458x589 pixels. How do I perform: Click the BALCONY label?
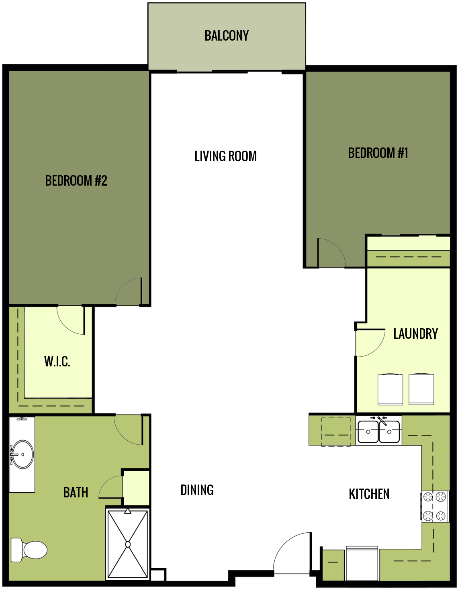pos(227,36)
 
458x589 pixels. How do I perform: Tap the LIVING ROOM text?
pos(225,156)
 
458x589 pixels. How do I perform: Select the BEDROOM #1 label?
pos(378,153)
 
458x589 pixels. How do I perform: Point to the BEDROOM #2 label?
pos(76,181)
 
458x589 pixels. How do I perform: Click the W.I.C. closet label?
pos(57,362)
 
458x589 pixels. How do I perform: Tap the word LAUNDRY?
pos(415,334)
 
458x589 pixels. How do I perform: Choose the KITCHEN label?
pos(369,494)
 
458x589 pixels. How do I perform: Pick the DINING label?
pos(197,490)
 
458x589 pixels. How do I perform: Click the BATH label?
pos(76,493)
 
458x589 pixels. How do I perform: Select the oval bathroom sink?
pos(22,454)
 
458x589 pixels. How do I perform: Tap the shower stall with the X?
pos(128,544)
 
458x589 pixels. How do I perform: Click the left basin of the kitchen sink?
pos(368,432)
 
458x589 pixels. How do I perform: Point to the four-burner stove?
pos(435,506)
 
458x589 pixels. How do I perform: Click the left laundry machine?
pos(390,389)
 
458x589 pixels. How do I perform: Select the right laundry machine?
pos(421,389)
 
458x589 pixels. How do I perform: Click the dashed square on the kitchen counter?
pos(336,432)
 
